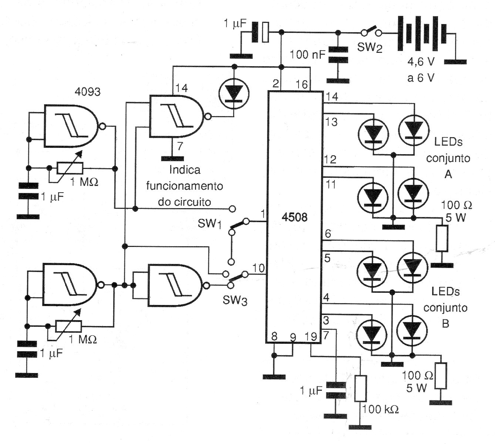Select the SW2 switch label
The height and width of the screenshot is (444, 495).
(370, 48)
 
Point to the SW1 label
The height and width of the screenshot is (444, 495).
(209, 224)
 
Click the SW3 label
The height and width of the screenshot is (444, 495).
(235, 300)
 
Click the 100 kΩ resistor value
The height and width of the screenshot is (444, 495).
(381, 409)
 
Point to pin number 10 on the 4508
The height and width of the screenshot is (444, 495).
(259, 268)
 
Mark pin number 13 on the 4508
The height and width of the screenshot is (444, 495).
(331, 122)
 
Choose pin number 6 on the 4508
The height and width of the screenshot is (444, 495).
(328, 234)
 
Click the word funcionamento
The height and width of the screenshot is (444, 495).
(185, 186)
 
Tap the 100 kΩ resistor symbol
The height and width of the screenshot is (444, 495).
(360, 388)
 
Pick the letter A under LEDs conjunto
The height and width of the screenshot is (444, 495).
(448, 174)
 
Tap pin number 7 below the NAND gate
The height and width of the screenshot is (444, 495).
(179, 146)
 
